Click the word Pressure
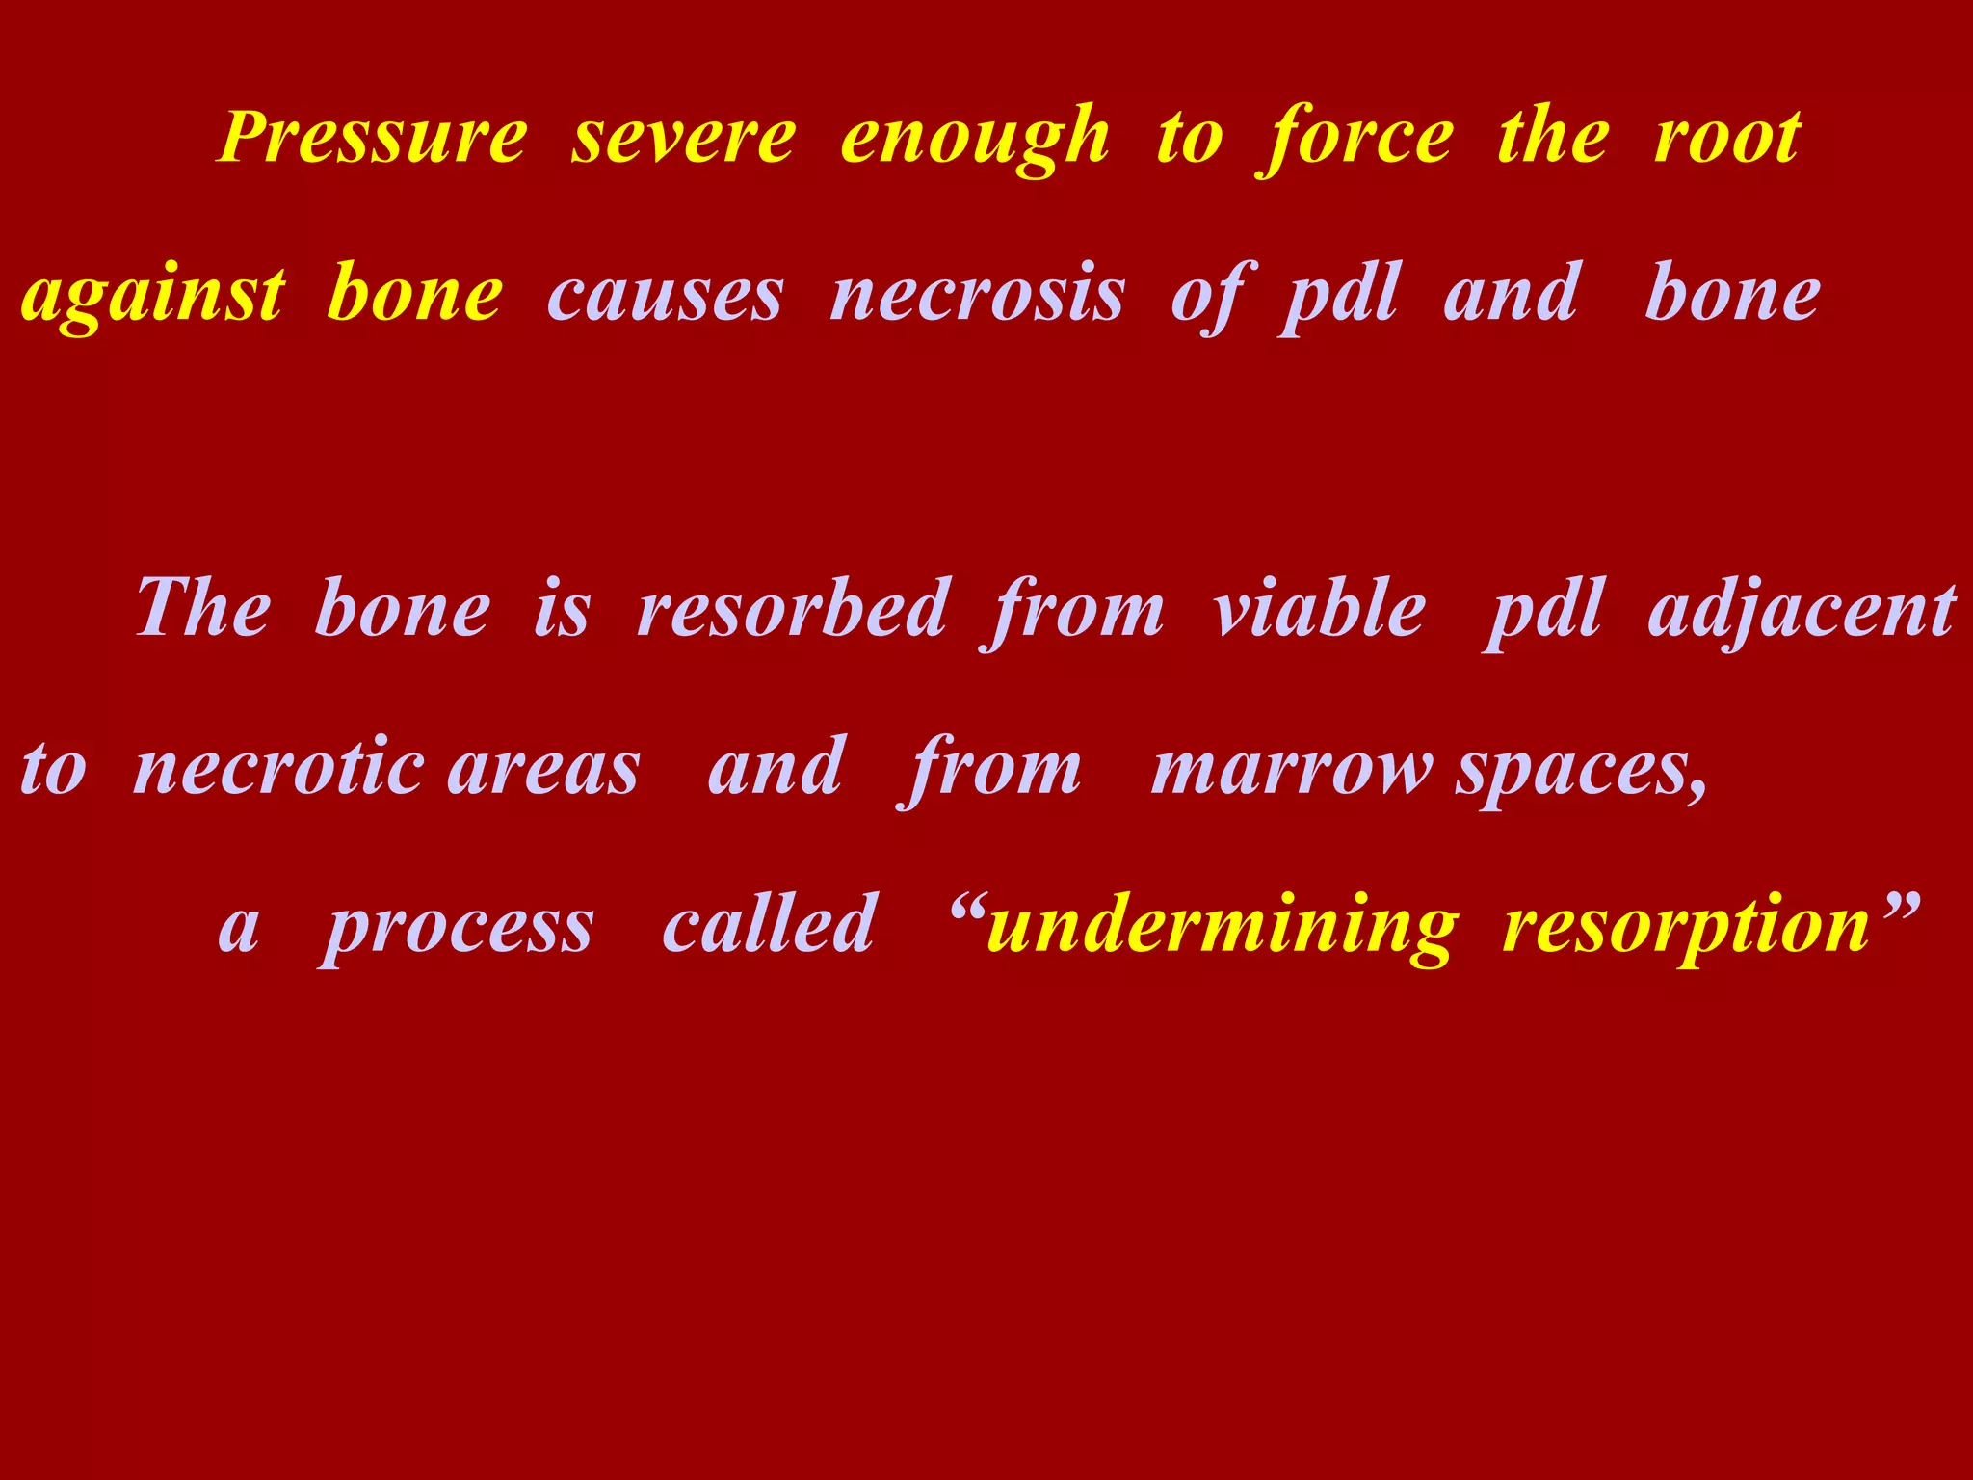(374, 138)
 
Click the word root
(1727, 138)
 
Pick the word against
(153, 296)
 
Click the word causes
(666, 296)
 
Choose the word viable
(1319, 609)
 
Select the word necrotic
(279, 768)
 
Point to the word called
(770, 925)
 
